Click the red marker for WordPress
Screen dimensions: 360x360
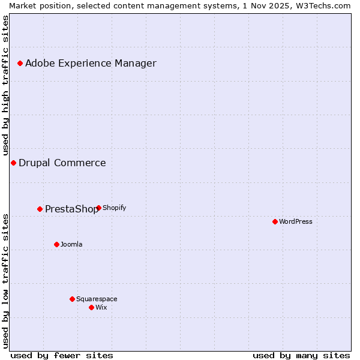[275, 221]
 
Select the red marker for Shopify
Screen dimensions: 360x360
[98, 208]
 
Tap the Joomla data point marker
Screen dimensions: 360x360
[56, 244]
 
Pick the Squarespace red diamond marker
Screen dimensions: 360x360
[72, 299]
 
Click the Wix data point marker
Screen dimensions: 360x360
[91, 307]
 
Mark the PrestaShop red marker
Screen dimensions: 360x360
[40, 209]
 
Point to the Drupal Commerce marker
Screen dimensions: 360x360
[13, 163]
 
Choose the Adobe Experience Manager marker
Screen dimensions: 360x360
[20, 63]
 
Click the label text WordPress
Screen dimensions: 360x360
[296, 221]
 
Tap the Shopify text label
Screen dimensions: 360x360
[115, 208]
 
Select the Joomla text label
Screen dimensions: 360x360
[71, 244]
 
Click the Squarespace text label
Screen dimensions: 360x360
[97, 299]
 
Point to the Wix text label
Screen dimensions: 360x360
[101, 307]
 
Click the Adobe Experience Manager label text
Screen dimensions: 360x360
[91, 63]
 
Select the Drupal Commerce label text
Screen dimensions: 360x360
[62, 163]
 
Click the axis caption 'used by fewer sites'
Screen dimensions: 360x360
[62, 355]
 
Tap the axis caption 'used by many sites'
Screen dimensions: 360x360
[301, 355]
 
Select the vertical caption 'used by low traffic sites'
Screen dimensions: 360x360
[5, 280]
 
